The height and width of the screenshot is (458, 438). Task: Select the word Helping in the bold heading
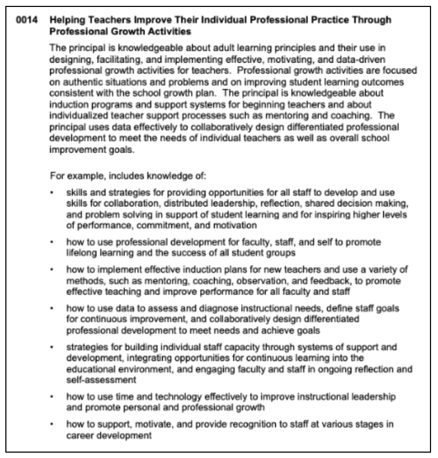point(64,20)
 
